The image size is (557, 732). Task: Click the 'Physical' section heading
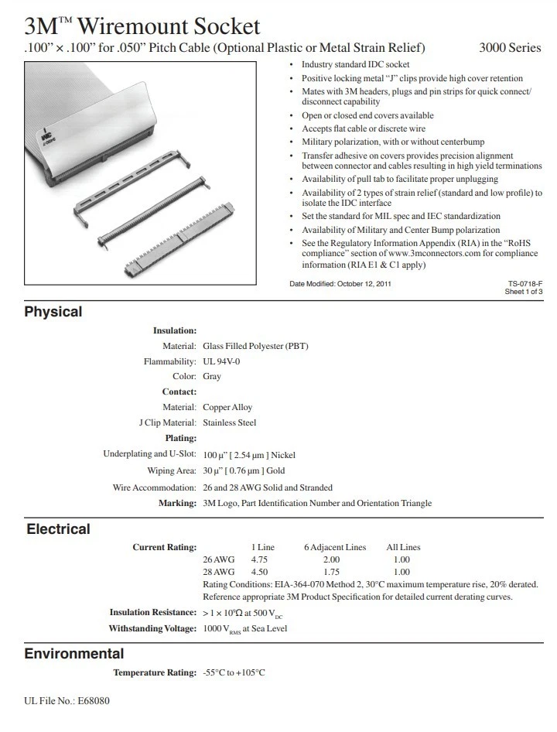(x=53, y=312)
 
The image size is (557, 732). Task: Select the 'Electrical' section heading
(x=58, y=529)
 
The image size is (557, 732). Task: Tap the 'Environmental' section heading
(x=74, y=654)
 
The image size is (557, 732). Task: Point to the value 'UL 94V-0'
(x=221, y=361)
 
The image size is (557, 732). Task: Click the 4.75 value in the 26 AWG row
(x=260, y=559)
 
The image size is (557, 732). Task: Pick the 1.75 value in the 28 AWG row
(x=331, y=572)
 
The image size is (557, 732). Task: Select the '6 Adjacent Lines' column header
(x=335, y=547)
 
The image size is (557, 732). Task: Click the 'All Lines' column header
(x=403, y=547)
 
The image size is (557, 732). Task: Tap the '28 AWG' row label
(x=218, y=572)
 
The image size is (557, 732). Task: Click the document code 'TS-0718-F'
(x=526, y=284)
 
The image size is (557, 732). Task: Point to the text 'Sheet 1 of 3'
(x=524, y=292)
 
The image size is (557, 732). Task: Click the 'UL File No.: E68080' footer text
(x=67, y=701)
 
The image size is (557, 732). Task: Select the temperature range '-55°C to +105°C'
(x=234, y=672)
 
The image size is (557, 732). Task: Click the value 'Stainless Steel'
(x=230, y=423)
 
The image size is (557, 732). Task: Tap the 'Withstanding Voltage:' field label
(x=152, y=628)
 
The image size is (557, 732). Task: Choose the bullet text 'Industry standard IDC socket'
(x=355, y=65)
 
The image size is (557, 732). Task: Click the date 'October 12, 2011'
(x=364, y=284)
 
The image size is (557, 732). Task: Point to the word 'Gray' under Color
(x=212, y=377)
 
